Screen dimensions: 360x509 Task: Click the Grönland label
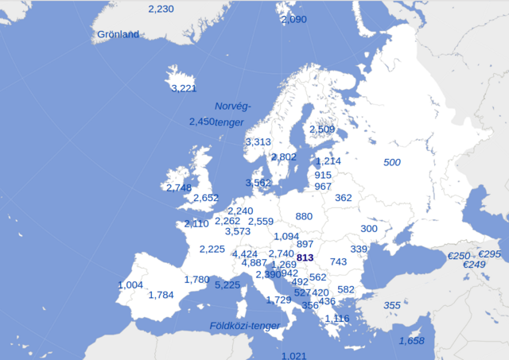118,34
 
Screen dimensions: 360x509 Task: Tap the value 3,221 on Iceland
183,88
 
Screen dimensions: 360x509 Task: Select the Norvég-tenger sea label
231,114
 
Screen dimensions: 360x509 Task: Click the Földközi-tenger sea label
244,326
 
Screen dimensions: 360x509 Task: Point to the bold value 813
305,258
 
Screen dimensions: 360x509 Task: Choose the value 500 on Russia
392,162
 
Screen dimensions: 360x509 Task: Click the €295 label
490,254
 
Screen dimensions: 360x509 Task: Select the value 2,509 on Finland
322,130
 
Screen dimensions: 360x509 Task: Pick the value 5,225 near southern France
227,285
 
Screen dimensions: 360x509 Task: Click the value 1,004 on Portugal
130,285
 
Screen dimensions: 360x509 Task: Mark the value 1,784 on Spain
161,295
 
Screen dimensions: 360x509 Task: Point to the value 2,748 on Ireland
179,188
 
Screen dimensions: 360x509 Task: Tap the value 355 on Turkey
392,305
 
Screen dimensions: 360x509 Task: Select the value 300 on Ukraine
369,229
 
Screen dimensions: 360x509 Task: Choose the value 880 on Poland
304,216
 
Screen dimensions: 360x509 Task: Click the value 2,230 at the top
161,8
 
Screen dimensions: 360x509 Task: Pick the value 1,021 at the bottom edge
293,355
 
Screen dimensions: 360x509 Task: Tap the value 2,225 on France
212,249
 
